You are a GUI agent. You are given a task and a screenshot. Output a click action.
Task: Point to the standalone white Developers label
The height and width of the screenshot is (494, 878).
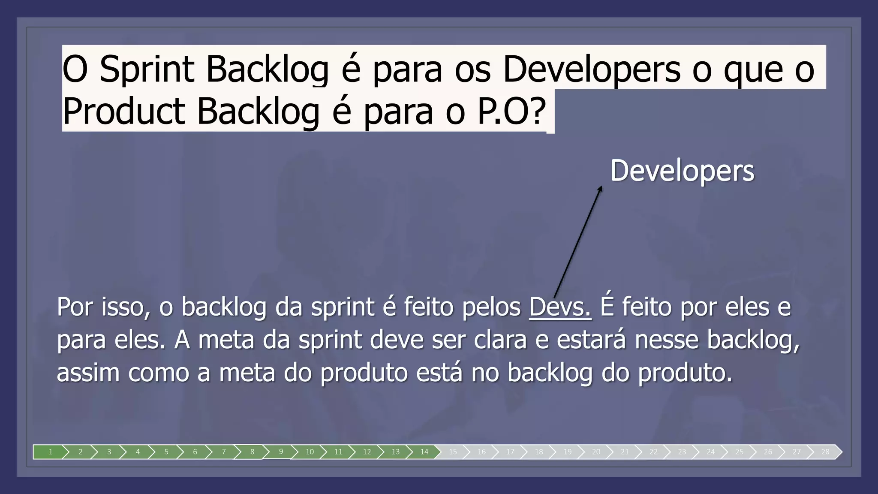click(682, 171)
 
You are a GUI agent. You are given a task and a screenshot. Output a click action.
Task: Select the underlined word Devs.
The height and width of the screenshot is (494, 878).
click(560, 307)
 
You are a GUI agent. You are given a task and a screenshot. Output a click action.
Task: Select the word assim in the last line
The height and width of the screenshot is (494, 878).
click(88, 372)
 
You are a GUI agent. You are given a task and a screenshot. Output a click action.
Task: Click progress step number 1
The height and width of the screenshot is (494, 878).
click(51, 452)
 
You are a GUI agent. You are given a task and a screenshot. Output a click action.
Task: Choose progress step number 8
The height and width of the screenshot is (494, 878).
click(252, 452)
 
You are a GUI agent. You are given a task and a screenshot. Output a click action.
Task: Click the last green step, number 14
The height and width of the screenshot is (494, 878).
click(424, 452)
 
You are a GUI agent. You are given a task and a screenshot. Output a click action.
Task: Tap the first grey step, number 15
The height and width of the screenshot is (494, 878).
click(453, 452)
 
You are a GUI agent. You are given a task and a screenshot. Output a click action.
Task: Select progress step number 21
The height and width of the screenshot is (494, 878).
click(625, 452)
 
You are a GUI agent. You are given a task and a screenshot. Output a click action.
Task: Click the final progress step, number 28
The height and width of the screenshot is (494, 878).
click(825, 452)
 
